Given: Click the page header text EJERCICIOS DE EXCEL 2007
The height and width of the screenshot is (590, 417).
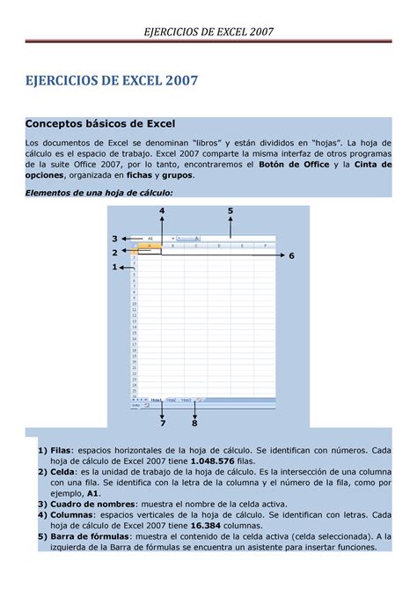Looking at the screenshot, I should [x=208, y=32].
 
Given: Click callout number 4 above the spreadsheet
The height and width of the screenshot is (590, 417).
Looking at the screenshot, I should [x=162, y=211].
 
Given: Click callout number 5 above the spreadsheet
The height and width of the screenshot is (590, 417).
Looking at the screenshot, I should [x=230, y=211].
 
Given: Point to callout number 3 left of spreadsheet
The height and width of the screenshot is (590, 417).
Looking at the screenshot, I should [x=113, y=239].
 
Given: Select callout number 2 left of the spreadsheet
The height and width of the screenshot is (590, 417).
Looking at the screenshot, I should [x=113, y=253].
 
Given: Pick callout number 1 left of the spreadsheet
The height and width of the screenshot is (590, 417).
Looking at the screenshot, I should [x=113, y=267].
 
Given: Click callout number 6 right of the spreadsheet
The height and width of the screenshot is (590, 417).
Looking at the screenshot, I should [x=291, y=255].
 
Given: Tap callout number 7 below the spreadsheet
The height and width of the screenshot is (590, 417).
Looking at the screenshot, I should [x=163, y=423].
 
